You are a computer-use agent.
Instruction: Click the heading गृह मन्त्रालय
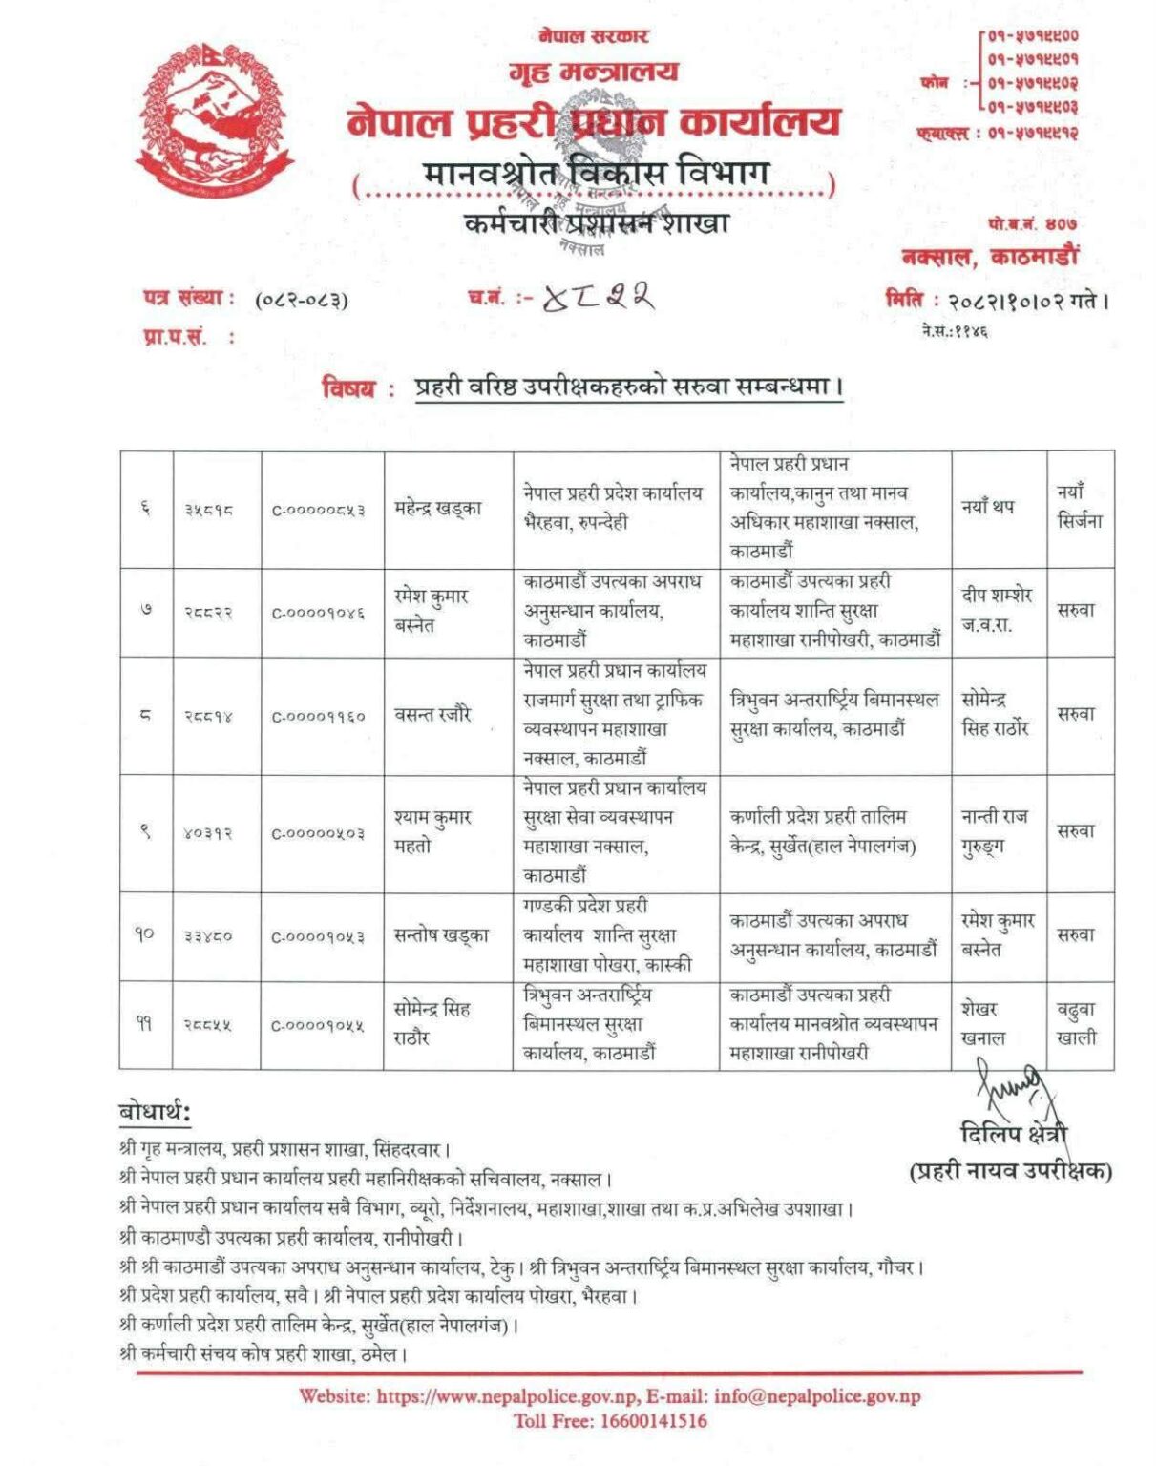(593, 72)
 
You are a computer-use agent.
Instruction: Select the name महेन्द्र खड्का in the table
(438, 509)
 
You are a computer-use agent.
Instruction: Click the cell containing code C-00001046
(319, 613)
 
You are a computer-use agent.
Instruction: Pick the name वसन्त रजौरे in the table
(432, 714)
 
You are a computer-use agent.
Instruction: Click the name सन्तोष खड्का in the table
(441, 935)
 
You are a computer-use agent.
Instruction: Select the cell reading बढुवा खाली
(1077, 1023)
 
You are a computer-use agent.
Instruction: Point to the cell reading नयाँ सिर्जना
(1079, 507)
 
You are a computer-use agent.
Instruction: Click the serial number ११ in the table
(143, 1024)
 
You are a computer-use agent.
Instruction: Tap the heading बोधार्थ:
(155, 1112)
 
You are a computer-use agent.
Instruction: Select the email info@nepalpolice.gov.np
(817, 1396)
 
